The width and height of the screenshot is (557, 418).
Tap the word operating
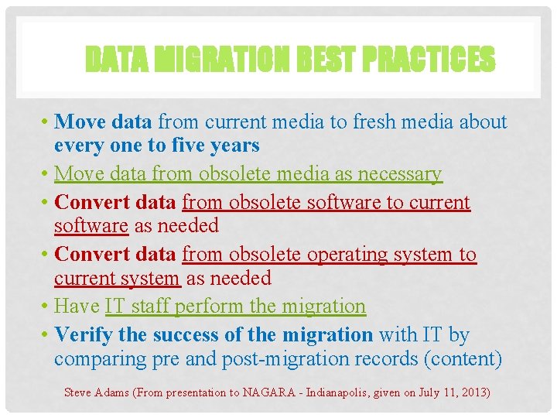tap(347, 255)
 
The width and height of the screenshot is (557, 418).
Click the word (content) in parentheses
tap(463, 359)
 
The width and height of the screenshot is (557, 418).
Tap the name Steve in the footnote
tap(77, 392)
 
